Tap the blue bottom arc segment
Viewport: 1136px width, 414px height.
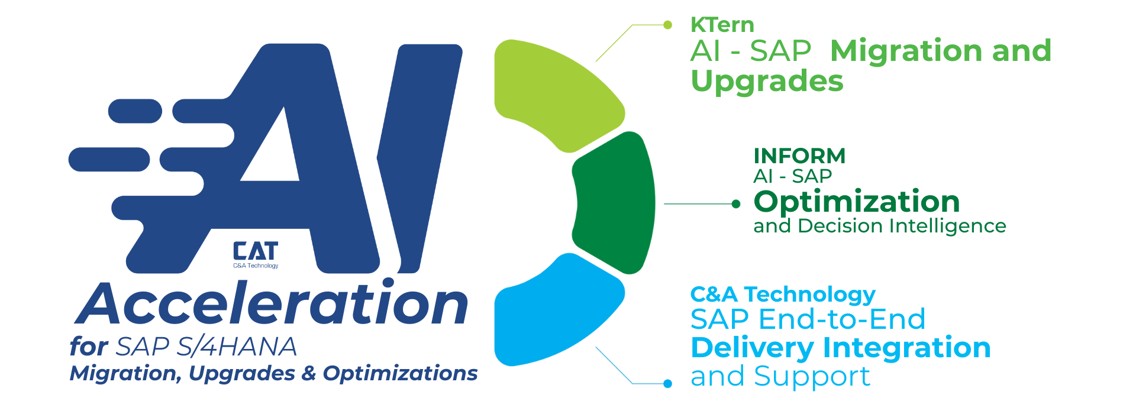550,313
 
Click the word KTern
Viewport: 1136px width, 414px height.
722,25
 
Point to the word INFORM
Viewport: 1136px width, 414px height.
799,156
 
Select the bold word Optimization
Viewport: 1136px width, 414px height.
856,202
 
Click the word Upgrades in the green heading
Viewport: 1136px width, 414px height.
767,81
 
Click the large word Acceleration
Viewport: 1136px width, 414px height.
272,305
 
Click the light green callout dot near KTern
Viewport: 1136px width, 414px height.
668,25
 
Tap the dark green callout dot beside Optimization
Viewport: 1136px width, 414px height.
736,204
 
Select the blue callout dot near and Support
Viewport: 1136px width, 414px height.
668,384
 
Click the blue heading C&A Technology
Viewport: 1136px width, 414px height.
782,295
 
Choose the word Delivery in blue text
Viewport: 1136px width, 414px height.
751,348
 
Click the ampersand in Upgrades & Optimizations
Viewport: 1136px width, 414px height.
309,374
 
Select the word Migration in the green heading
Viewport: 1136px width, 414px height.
905,51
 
